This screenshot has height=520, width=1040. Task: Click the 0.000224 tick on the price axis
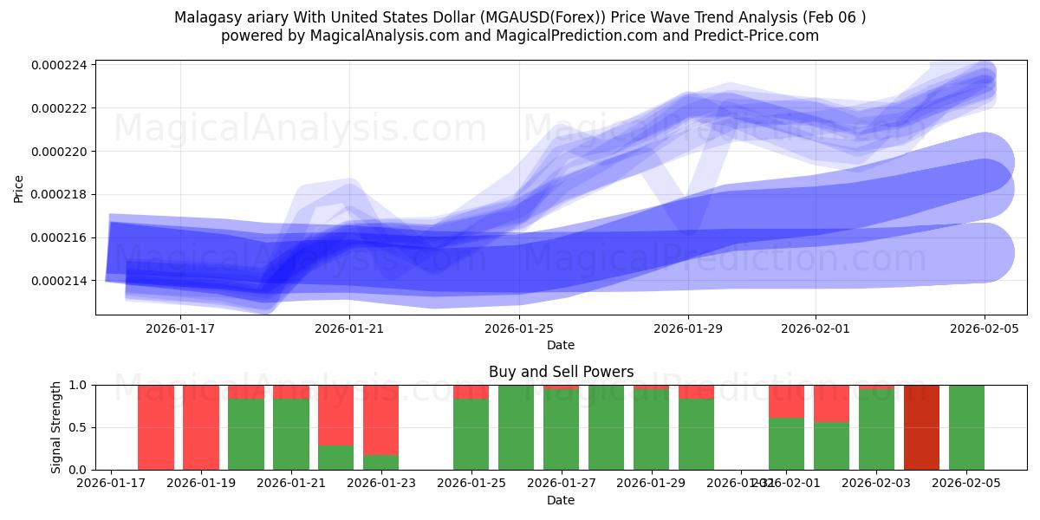pos(59,65)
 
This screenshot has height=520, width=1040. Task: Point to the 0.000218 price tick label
pos(59,194)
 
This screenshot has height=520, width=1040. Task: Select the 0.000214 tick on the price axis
pos(59,281)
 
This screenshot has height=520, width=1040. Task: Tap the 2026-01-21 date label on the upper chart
pos(349,328)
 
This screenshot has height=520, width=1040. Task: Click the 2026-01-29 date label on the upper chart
pos(688,328)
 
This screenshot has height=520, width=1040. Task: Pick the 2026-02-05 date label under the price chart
pos(985,328)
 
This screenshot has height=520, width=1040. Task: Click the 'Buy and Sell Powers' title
pos(561,372)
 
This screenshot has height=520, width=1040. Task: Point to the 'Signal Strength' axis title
pos(57,427)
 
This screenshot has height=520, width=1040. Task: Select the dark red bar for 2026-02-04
pos(921,427)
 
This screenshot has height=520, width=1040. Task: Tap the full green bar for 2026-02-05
pos(966,427)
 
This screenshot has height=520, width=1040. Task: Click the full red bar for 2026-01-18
pos(156,427)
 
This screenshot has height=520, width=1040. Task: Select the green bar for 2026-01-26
pos(516,427)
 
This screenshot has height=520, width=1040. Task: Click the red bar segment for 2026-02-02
pos(831,403)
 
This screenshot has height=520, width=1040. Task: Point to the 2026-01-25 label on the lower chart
pos(471,484)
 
